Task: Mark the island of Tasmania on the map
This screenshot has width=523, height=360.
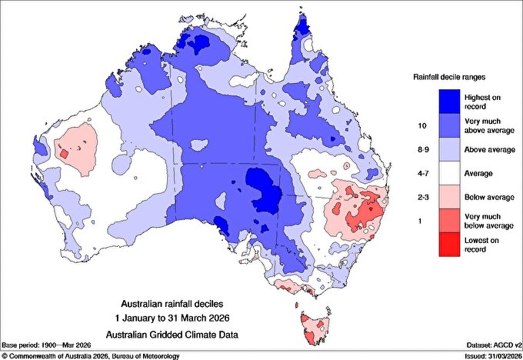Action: (316, 328)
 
